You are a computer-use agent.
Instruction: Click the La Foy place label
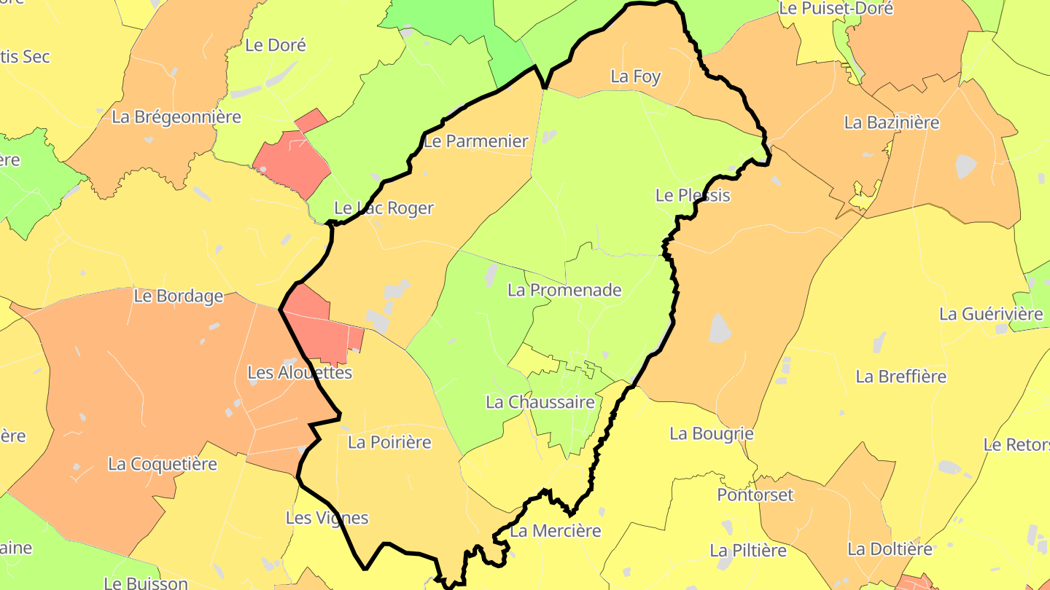coord(636,76)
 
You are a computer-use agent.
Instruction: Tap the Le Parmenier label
coord(475,141)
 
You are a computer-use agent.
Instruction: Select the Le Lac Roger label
coord(384,208)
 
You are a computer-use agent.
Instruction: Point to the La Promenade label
coord(564,290)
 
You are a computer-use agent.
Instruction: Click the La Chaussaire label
coord(540,402)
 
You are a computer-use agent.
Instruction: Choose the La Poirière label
coord(389,442)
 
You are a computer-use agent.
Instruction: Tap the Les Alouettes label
coord(300,373)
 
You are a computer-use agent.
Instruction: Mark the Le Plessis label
coord(693,195)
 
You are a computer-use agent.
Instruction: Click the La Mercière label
coord(556,531)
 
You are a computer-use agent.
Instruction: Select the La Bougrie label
coord(712,433)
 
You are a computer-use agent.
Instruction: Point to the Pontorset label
coord(755,495)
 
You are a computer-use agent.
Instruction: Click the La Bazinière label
coord(892,122)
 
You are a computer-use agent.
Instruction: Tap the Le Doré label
coord(276,45)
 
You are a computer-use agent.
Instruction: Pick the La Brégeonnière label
coord(176,117)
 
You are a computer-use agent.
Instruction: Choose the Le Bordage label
coord(179,296)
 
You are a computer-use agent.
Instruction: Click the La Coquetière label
coord(163,464)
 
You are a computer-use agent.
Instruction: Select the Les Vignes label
coord(327,518)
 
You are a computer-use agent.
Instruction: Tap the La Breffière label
coord(901,377)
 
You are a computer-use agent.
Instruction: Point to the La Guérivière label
coord(991,314)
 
